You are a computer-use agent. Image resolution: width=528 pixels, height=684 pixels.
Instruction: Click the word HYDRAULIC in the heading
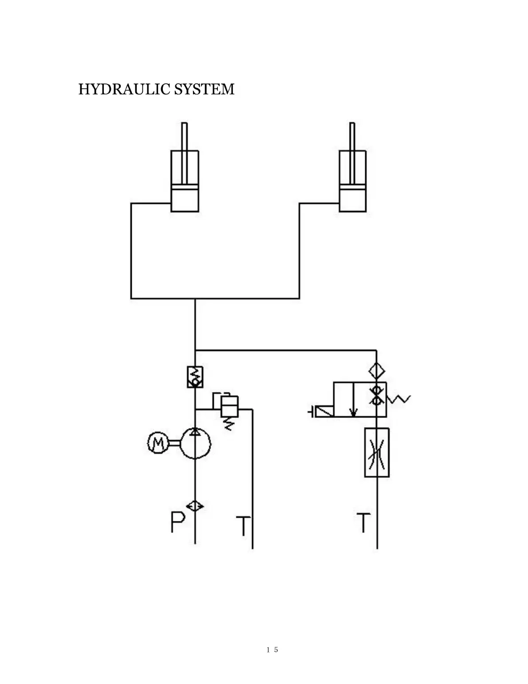pyautogui.click(x=125, y=89)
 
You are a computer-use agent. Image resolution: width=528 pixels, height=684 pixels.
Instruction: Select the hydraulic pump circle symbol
pyautogui.click(x=195, y=443)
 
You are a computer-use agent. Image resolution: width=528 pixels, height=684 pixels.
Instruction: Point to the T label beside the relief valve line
pyautogui.click(x=243, y=525)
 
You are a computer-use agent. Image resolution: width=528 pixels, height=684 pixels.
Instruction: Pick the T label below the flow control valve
pyautogui.click(x=363, y=523)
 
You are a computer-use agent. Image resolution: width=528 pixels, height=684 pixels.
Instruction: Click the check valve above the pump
pyautogui.click(x=195, y=377)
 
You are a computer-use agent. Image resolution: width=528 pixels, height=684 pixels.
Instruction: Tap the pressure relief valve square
pyautogui.click(x=229, y=406)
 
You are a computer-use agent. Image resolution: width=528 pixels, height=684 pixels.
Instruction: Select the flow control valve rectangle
pyautogui.click(x=377, y=452)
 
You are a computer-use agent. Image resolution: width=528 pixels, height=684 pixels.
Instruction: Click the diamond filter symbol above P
pyautogui.click(x=195, y=506)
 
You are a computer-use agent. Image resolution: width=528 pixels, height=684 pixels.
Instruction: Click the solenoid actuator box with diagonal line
pyautogui.click(x=323, y=412)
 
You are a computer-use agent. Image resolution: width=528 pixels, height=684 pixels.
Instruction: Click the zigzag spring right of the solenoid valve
pyautogui.click(x=399, y=399)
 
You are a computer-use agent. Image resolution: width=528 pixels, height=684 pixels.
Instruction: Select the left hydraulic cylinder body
pyautogui.click(x=185, y=181)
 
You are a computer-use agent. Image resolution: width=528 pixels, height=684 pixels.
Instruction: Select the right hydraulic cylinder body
pyautogui.click(x=353, y=181)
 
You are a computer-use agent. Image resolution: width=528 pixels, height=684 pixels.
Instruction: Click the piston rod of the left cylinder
pyautogui.click(x=184, y=137)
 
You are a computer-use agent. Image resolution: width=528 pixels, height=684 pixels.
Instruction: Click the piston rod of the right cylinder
pyautogui.click(x=352, y=137)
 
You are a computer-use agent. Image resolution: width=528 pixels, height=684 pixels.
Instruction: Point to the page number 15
pyautogui.click(x=272, y=649)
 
